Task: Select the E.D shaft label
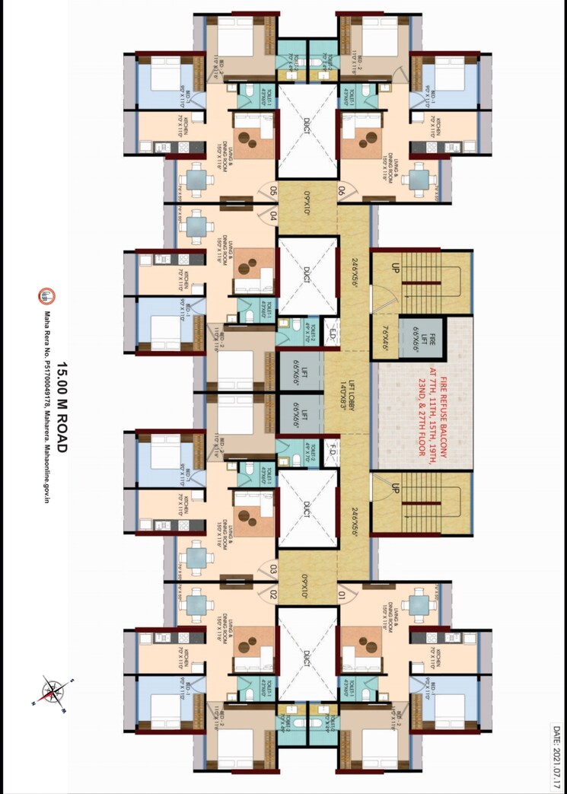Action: pos(331,333)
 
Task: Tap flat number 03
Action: pos(271,568)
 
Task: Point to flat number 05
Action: pos(271,192)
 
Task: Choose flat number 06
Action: pos(342,191)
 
